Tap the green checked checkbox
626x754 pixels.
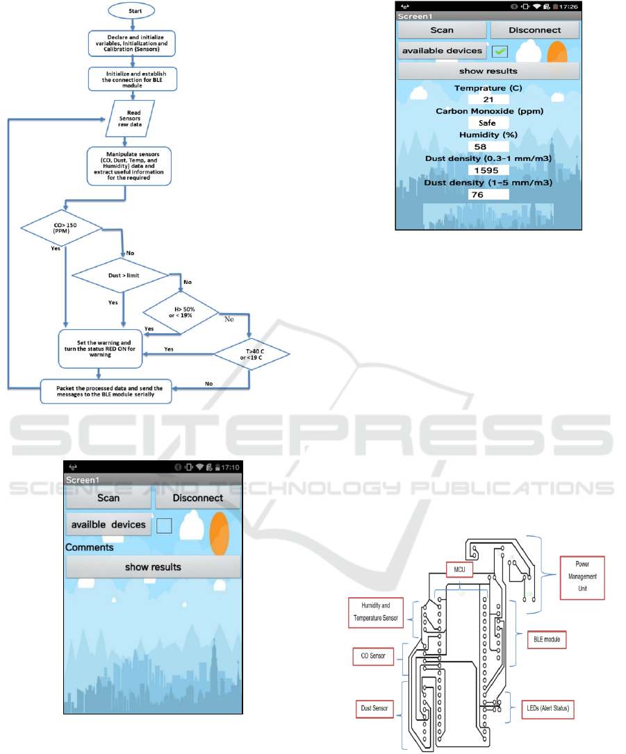click(500, 51)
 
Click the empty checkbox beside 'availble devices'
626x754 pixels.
click(164, 526)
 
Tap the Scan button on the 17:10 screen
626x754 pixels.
click(108, 498)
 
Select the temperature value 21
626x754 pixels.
click(488, 100)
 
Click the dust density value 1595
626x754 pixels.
click(488, 170)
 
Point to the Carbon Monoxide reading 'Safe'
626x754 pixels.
click(488, 123)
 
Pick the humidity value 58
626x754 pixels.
click(488, 146)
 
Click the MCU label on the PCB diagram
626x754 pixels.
click(459, 570)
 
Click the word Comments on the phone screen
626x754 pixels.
click(90, 547)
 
